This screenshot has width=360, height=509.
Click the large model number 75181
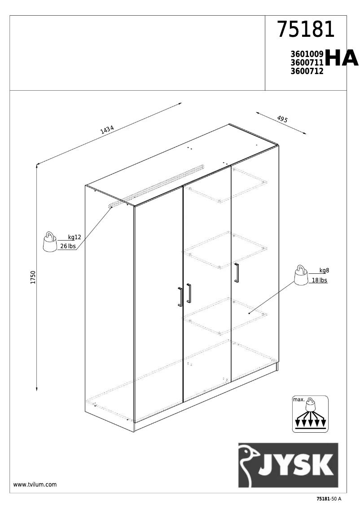point(306,30)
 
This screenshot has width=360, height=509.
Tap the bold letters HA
point(341,58)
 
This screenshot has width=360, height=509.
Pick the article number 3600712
point(307,70)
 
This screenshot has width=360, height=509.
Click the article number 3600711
point(307,62)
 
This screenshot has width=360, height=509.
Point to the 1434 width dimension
point(107,130)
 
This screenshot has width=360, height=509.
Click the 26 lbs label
point(68,246)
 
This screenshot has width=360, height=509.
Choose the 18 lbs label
point(319,280)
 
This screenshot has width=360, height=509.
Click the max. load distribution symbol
point(310,414)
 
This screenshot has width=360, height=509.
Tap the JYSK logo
point(288,465)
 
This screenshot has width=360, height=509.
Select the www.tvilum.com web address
point(35,485)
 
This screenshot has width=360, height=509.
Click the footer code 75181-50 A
point(329,499)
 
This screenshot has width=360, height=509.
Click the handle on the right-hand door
point(237,272)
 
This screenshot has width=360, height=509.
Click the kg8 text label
point(324,270)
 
